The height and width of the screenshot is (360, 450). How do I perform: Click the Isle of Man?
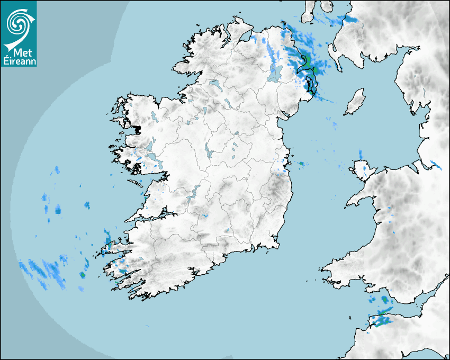(x=355, y=102)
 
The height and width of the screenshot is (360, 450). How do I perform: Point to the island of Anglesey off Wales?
(x=361, y=170)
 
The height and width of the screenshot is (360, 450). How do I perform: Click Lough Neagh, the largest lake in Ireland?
(x=274, y=73)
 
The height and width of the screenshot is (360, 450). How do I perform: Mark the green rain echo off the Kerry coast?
(x=82, y=275)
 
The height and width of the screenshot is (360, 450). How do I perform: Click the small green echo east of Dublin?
(x=302, y=164)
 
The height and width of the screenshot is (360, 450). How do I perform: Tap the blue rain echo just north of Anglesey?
(x=361, y=155)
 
